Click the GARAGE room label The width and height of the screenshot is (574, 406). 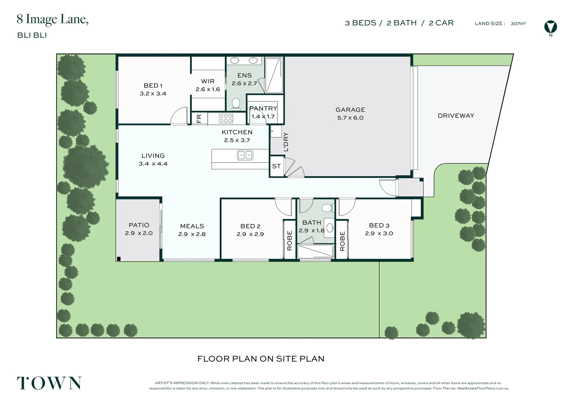tap(350, 110)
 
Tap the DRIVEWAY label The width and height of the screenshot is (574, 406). tap(456, 116)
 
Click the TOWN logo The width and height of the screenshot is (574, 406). tap(49, 383)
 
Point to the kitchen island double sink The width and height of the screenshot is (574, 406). tap(245, 155)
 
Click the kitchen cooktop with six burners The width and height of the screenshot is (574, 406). tap(226, 118)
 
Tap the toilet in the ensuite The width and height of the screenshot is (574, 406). tap(236, 103)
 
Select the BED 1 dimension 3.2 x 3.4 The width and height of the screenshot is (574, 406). tap(153, 94)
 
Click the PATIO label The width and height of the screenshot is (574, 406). tap(139, 225)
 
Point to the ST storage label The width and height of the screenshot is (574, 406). tap(276, 166)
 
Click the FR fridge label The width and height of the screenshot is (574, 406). tap(199, 118)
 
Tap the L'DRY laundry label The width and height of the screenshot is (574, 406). tap(286, 142)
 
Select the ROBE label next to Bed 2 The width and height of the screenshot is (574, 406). tap(290, 241)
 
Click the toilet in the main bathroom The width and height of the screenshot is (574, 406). tap(327, 208)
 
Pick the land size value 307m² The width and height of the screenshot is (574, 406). tap(518, 23)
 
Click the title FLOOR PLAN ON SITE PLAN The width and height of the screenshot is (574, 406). tap(261, 359)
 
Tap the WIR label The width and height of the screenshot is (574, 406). tap(208, 81)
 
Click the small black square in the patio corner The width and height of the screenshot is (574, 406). tap(119, 259)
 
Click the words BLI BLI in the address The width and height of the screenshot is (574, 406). tap(32, 35)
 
